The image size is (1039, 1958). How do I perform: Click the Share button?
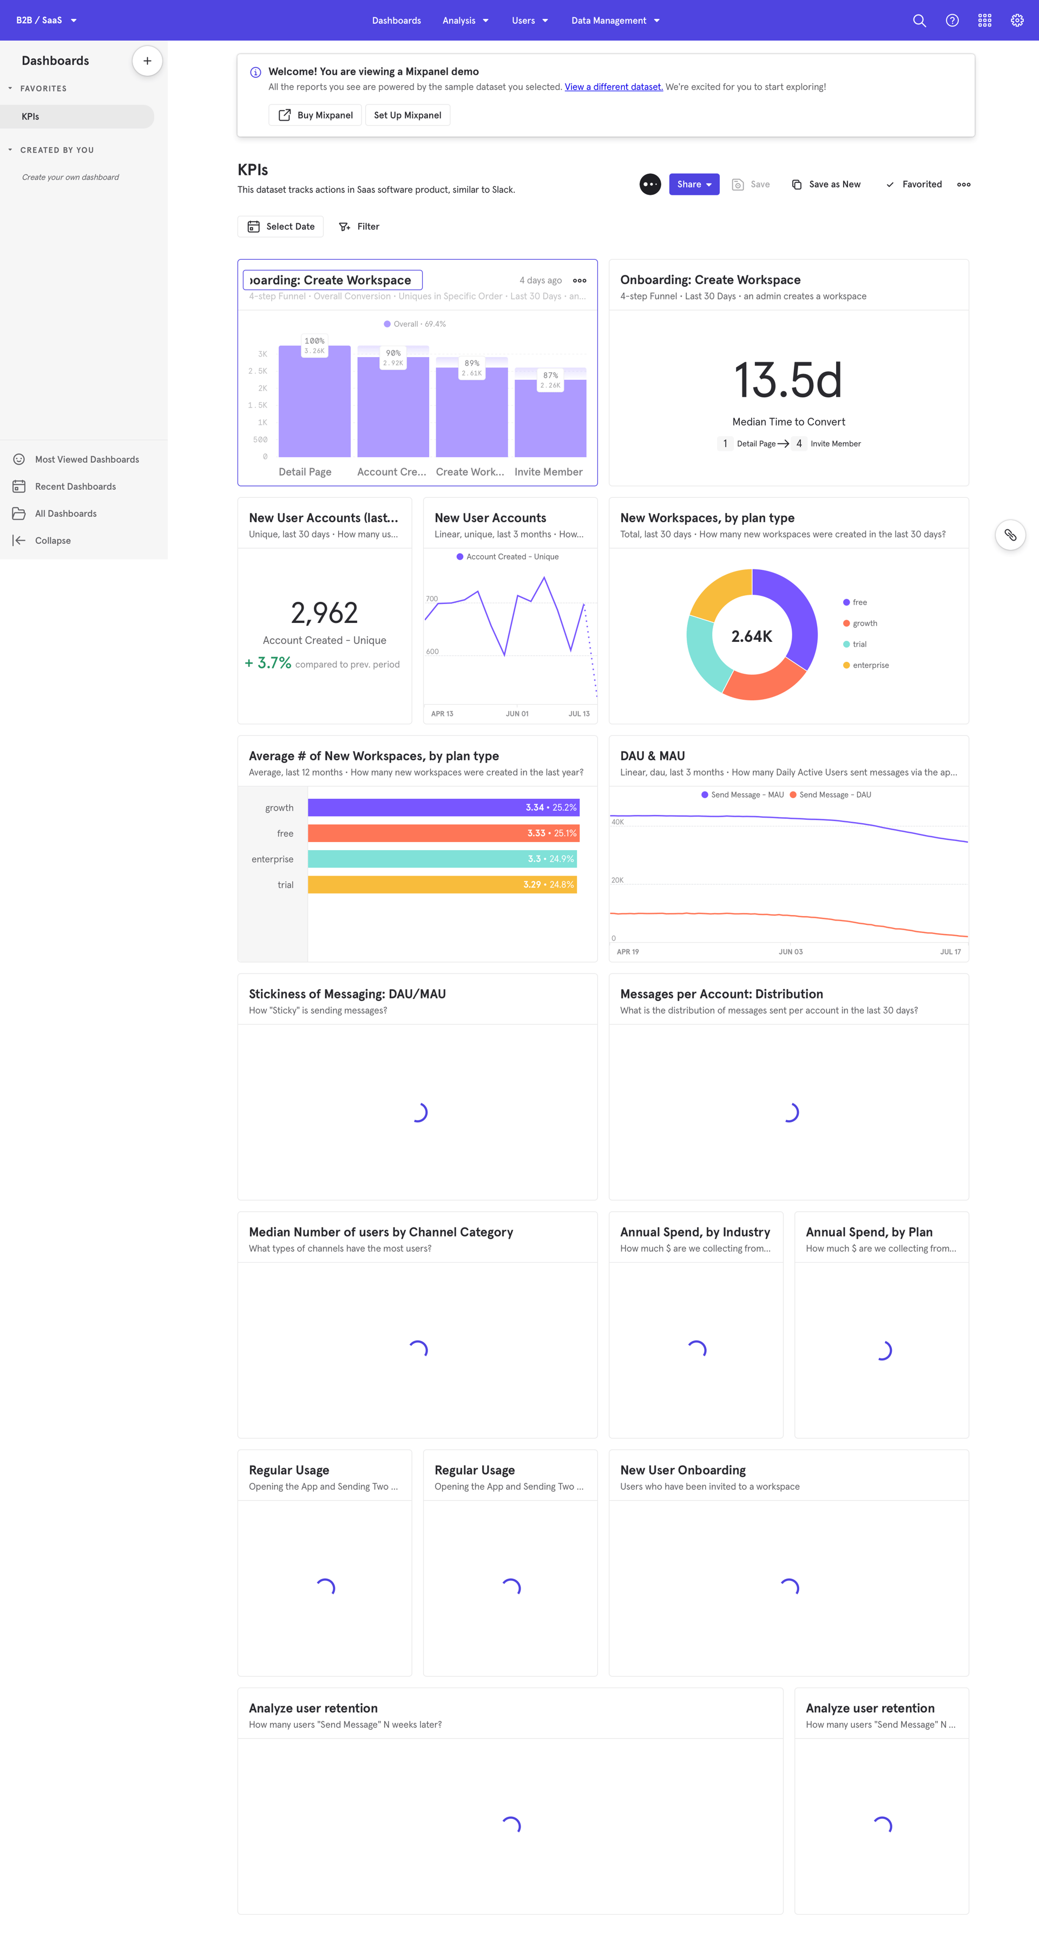[693, 185]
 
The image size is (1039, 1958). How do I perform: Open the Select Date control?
[280, 227]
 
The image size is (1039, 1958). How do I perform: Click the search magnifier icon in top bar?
[919, 21]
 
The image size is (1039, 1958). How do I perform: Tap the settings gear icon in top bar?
[1016, 21]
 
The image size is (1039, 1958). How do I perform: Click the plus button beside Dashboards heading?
[147, 61]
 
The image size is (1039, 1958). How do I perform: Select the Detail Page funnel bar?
[314, 403]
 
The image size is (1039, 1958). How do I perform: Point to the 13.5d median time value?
[788, 380]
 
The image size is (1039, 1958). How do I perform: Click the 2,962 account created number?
[324, 613]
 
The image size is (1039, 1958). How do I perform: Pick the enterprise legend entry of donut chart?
[870, 666]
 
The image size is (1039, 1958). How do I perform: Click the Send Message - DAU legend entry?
[834, 795]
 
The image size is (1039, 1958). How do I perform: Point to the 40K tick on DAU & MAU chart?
[617, 822]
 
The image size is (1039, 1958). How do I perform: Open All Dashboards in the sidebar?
[65, 514]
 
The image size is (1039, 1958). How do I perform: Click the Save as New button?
[826, 185]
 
